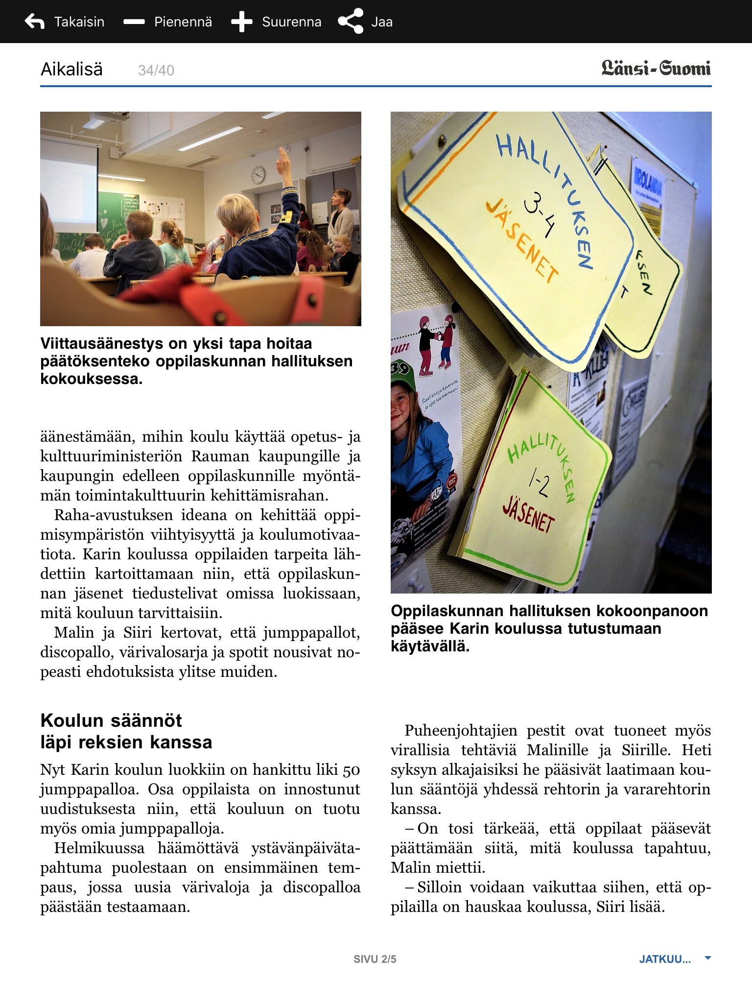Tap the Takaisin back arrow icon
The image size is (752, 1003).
pos(34,22)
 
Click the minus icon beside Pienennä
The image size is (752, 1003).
pos(134,22)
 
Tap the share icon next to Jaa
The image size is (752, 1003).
pos(351,22)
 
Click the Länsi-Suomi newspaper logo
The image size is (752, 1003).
pos(656,69)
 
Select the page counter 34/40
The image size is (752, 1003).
pos(156,71)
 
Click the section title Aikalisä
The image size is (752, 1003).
pos(71,70)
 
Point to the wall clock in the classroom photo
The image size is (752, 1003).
pos(258,174)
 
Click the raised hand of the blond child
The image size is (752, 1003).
pos(283,162)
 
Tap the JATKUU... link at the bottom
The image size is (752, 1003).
pos(665,959)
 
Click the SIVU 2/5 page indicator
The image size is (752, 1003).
pos(375,959)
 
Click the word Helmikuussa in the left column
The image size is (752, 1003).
pos(99,848)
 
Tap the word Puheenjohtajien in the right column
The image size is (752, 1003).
pos(461,730)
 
